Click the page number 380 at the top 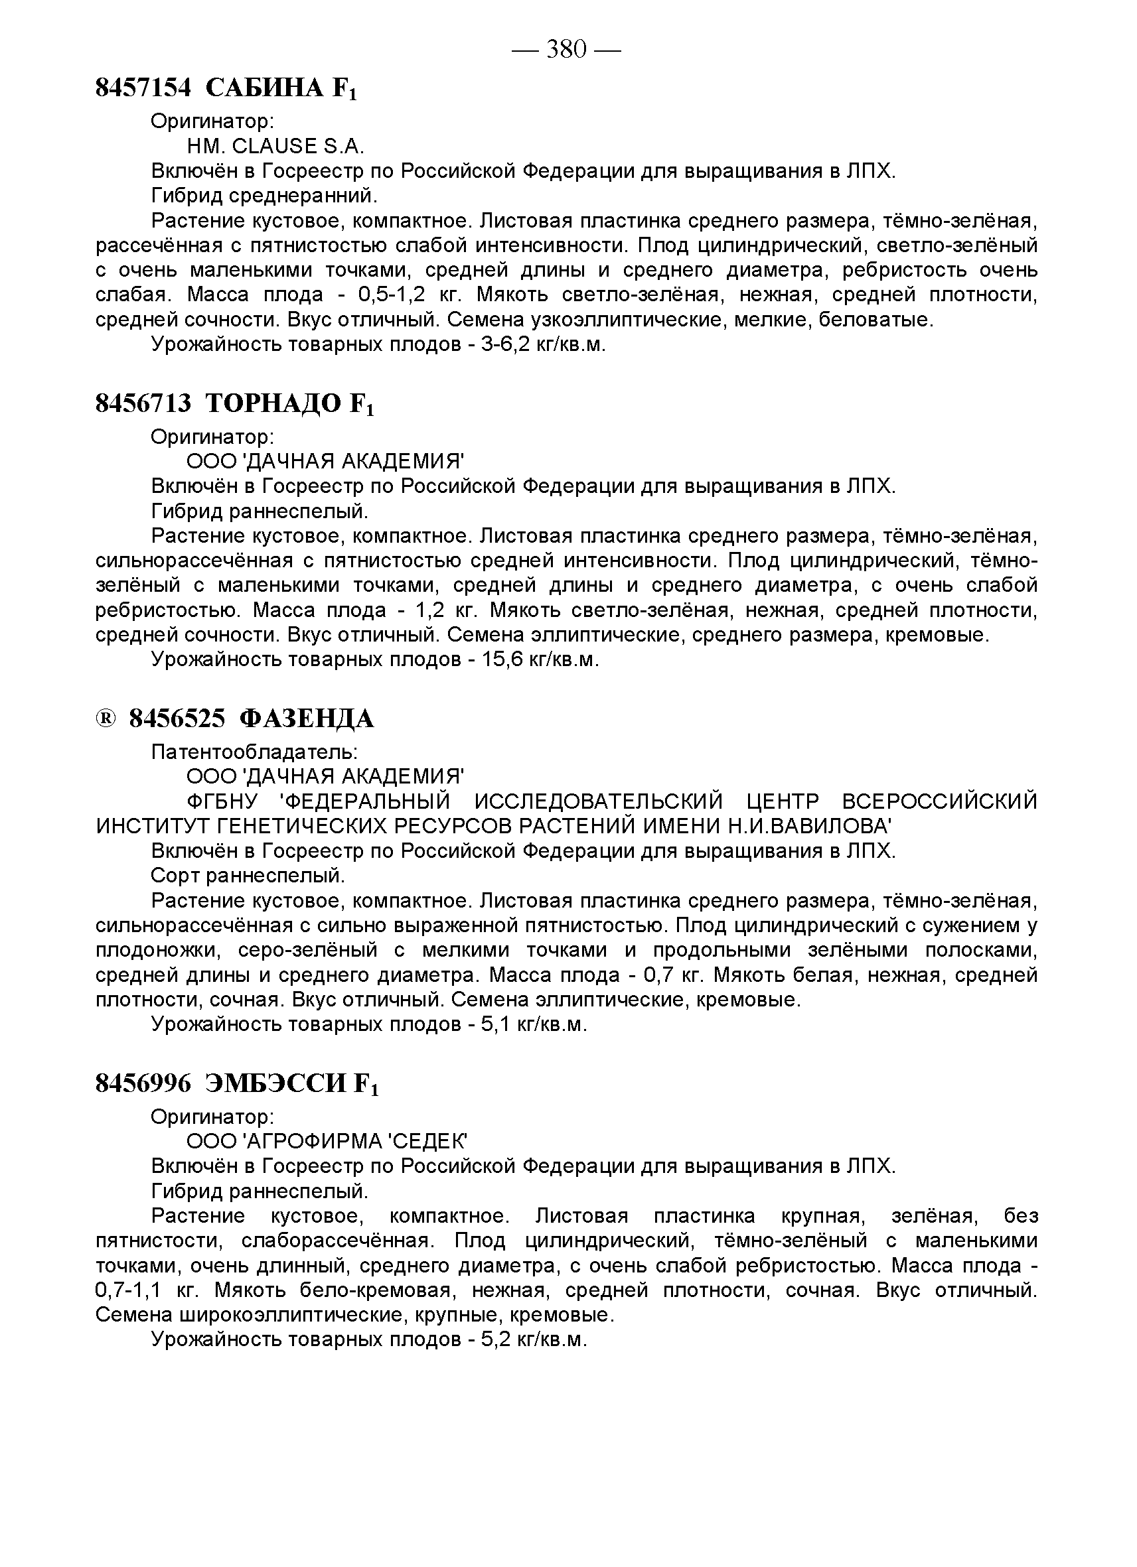click(566, 49)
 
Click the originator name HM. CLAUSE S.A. click(275, 147)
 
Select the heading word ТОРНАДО click(274, 403)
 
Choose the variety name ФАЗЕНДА click(307, 719)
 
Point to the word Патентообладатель click(254, 752)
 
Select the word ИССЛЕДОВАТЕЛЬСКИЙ click(599, 801)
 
